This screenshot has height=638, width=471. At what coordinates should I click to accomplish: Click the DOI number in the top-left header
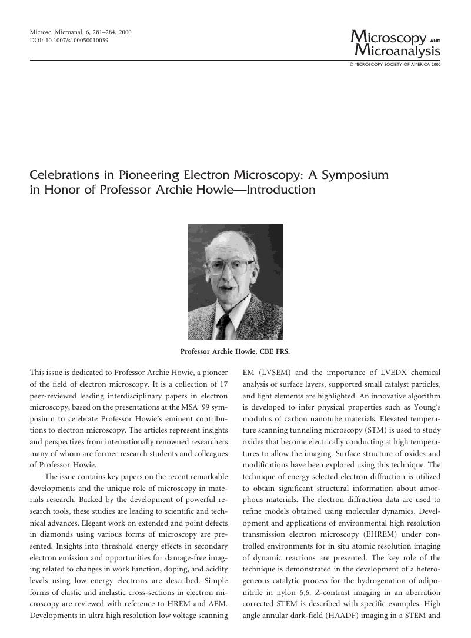tap(79, 41)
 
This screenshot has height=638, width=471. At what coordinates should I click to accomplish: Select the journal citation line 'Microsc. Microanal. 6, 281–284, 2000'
tap(81, 32)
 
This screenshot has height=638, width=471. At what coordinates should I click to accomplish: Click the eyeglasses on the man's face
tap(231, 267)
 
